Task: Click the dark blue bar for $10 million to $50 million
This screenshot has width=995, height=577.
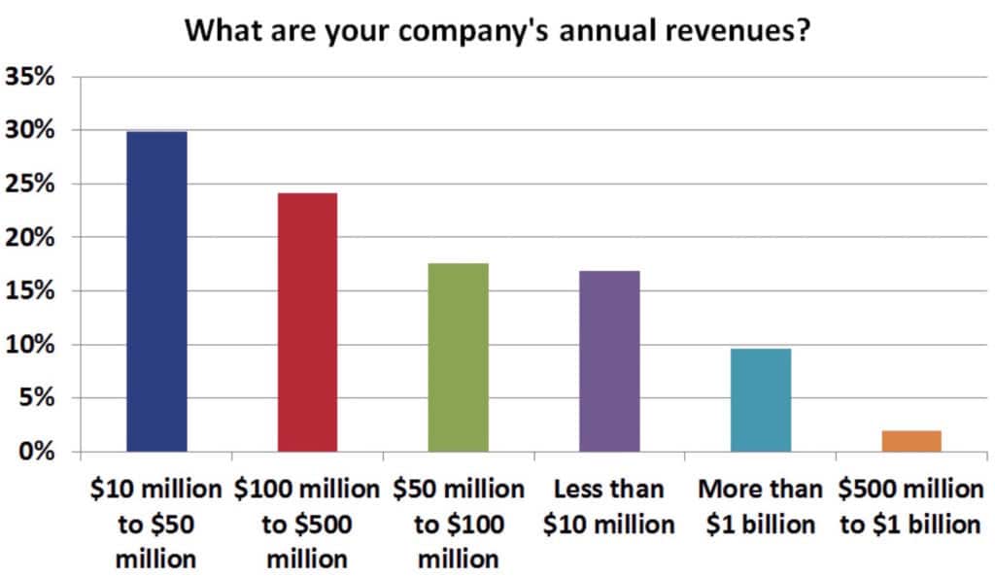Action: tap(156, 291)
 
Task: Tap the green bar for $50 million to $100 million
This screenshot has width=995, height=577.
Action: tap(459, 357)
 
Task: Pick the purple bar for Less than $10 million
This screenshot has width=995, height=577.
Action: tap(609, 361)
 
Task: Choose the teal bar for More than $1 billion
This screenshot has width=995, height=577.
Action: tap(761, 400)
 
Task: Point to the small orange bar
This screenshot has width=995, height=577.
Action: tap(911, 441)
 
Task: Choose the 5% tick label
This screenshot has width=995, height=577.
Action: tap(36, 398)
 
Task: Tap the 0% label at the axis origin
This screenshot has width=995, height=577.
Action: tap(36, 452)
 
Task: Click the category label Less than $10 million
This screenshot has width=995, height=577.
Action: tap(609, 506)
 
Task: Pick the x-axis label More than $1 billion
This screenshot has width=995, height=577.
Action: tap(761, 506)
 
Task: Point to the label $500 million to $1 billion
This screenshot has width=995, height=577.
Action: tap(911, 506)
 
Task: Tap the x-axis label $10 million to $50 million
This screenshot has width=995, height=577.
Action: tap(156, 524)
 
